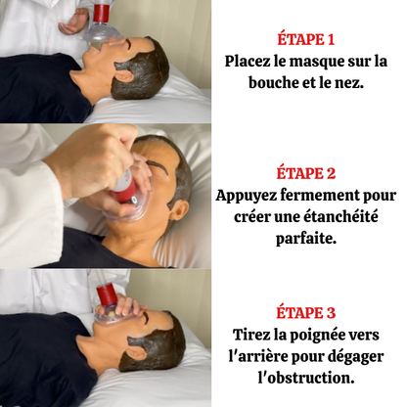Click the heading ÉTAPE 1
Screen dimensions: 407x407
pyautogui.click(x=306, y=40)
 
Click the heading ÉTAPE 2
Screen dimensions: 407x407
pyautogui.click(x=306, y=173)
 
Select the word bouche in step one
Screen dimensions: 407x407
pyautogui.click(x=275, y=83)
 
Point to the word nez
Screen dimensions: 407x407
pyautogui.click(x=348, y=83)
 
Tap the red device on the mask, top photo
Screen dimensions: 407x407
pyautogui.click(x=101, y=13)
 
